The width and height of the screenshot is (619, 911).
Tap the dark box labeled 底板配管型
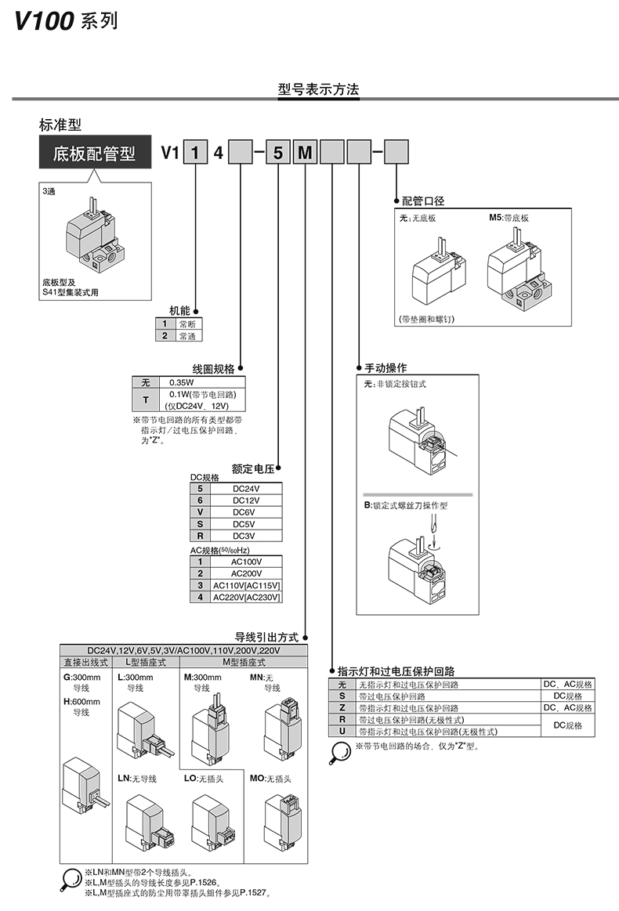94,154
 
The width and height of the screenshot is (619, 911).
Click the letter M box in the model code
305,153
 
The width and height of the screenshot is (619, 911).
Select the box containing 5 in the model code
278,153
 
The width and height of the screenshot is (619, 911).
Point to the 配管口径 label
423,201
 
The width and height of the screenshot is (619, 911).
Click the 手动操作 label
386,367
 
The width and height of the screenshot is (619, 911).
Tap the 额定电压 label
252,469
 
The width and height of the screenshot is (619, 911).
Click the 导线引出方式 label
268,637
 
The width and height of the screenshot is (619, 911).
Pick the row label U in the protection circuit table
342,732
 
